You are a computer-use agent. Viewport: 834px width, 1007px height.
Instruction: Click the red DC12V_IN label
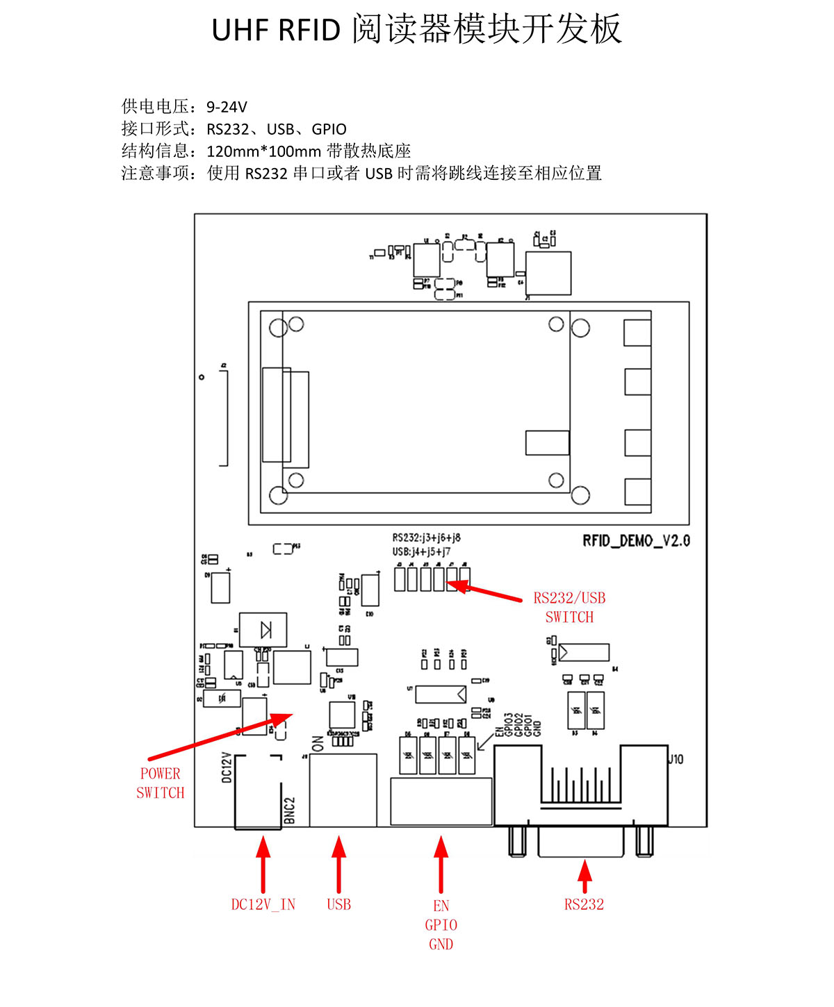[x=263, y=904]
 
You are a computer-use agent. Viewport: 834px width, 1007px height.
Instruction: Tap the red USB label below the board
[x=338, y=904]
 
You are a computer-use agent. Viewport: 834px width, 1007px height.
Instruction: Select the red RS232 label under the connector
[x=584, y=904]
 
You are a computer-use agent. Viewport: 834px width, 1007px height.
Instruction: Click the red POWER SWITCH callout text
[x=161, y=783]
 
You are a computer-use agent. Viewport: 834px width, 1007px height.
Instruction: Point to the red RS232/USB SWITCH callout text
[x=569, y=608]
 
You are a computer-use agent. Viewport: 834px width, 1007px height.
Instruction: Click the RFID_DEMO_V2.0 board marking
[x=636, y=541]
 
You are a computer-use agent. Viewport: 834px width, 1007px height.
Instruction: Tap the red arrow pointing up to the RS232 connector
[x=584, y=875]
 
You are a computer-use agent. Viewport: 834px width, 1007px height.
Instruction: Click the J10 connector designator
[x=676, y=759]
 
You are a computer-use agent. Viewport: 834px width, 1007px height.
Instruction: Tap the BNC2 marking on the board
[x=290, y=810]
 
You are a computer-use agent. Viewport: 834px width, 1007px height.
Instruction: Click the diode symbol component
[x=263, y=630]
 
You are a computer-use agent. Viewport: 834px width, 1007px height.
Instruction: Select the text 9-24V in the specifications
[x=227, y=107]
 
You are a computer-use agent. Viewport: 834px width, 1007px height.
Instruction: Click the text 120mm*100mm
[x=263, y=151]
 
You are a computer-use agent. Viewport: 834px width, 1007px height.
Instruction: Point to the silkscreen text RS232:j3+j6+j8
[x=426, y=538]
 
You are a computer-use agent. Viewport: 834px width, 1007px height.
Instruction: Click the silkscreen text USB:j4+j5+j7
[x=421, y=551]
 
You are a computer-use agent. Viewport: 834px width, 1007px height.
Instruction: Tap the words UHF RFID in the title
[x=276, y=31]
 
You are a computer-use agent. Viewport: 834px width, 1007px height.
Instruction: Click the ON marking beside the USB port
[x=318, y=744]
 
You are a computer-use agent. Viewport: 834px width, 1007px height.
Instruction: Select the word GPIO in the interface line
[x=329, y=129]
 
